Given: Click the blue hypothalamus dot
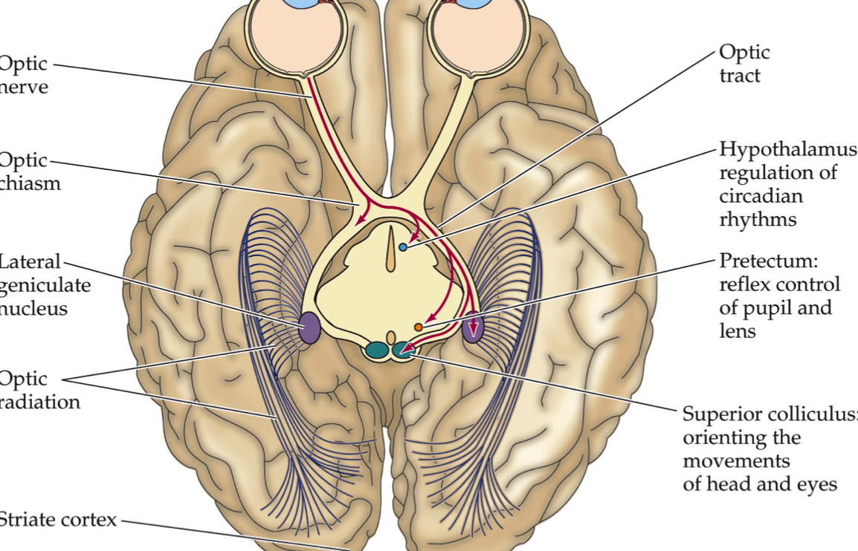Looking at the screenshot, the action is (x=403, y=247).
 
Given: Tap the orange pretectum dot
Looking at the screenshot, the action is (x=419, y=327).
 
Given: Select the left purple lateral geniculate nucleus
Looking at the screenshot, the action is (x=309, y=328).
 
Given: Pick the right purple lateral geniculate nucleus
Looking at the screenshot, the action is (x=474, y=327).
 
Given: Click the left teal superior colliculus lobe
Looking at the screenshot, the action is (x=378, y=349).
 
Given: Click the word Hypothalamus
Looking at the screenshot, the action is (x=787, y=149).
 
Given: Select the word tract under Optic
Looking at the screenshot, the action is (x=740, y=76).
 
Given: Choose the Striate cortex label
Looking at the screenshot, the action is (x=58, y=519).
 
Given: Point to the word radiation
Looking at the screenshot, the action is (x=40, y=402).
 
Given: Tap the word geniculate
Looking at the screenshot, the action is (x=45, y=285).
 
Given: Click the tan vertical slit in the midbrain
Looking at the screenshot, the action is (x=391, y=250).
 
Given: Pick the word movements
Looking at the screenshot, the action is (x=735, y=461).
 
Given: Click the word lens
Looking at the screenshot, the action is (x=738, y=331).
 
